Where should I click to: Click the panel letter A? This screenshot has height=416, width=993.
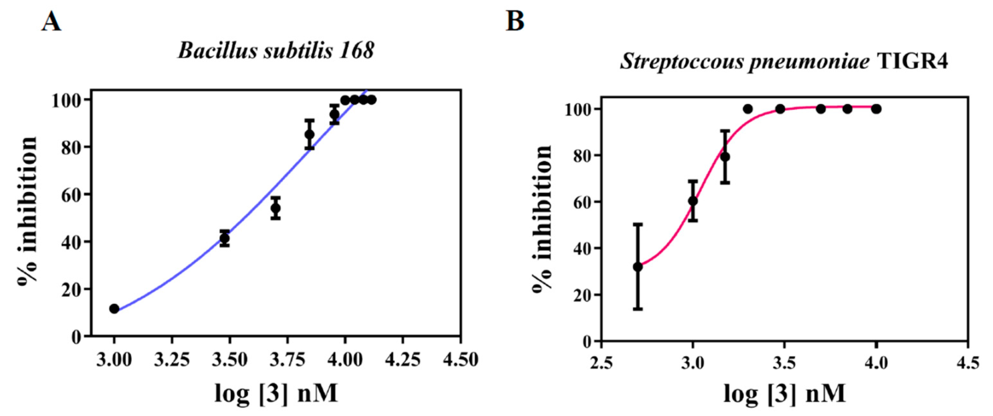click(51, 22)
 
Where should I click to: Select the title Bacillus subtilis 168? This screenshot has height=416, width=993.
click(276, 50)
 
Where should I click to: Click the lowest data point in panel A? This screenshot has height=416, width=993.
click(114, 308)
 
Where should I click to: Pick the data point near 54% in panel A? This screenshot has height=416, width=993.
click(275, 208)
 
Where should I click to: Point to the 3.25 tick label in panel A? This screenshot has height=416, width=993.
click(172, 360)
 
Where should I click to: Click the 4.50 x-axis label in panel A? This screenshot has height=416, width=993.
click(460, 360)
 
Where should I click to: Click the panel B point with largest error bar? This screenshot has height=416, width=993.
click(638, 266)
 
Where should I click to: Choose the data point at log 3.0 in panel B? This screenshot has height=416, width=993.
click(693, 201)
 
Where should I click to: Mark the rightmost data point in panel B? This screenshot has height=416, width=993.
click(876, 109)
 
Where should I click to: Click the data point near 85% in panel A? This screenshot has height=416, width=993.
click(309, 134)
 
